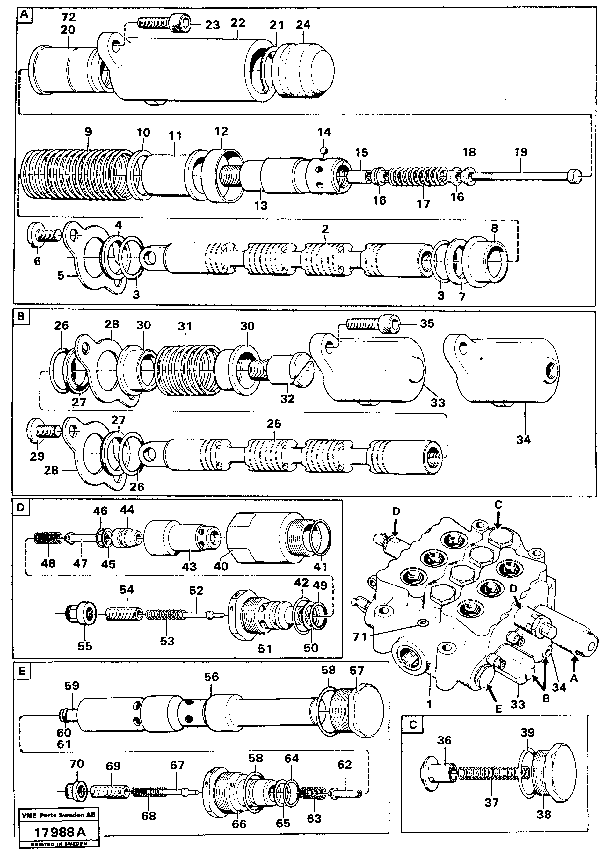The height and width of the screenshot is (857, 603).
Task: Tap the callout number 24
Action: pos(303,25)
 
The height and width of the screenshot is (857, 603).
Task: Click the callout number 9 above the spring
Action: pos(88,132)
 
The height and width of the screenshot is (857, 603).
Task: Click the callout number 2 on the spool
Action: pos(325,229)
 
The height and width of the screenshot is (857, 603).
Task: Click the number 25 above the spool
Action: pos(274,424)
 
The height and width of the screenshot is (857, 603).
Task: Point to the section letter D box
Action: pos(21,508)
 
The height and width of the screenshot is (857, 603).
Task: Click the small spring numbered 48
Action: pos(48,539)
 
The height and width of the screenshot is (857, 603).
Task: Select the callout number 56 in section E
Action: pos(211,677)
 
